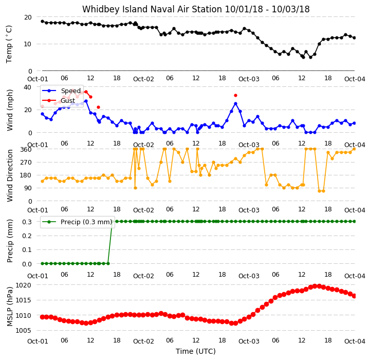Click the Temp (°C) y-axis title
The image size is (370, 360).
tap(9, 44)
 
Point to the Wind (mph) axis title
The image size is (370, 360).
tap(10, 110)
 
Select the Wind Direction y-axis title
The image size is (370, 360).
tap(10, 175)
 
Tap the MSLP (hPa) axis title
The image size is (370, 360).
tap(10, 307)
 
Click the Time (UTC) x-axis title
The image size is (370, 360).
tap(196, 351)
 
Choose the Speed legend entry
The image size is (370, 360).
tap(61, 91)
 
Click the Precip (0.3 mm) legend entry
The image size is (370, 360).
tap(77, 222)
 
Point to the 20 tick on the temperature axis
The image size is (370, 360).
tap(28, 17)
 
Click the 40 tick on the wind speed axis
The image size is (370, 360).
tap(28, 87)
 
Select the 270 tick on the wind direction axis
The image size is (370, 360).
tap(26, 163)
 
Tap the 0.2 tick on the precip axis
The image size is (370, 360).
tap(27, 236)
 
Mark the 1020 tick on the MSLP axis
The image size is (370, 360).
tap(23, 285)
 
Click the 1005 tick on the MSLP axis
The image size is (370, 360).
tap(23, 330)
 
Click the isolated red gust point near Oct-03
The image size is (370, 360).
tap(235, 96)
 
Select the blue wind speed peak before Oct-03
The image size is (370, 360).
tap(235, 104)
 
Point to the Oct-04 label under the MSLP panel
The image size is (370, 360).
tap(355, 341)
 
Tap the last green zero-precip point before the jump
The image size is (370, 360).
tap(108, 263)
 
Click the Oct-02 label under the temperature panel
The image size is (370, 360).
tap(143, 79)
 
